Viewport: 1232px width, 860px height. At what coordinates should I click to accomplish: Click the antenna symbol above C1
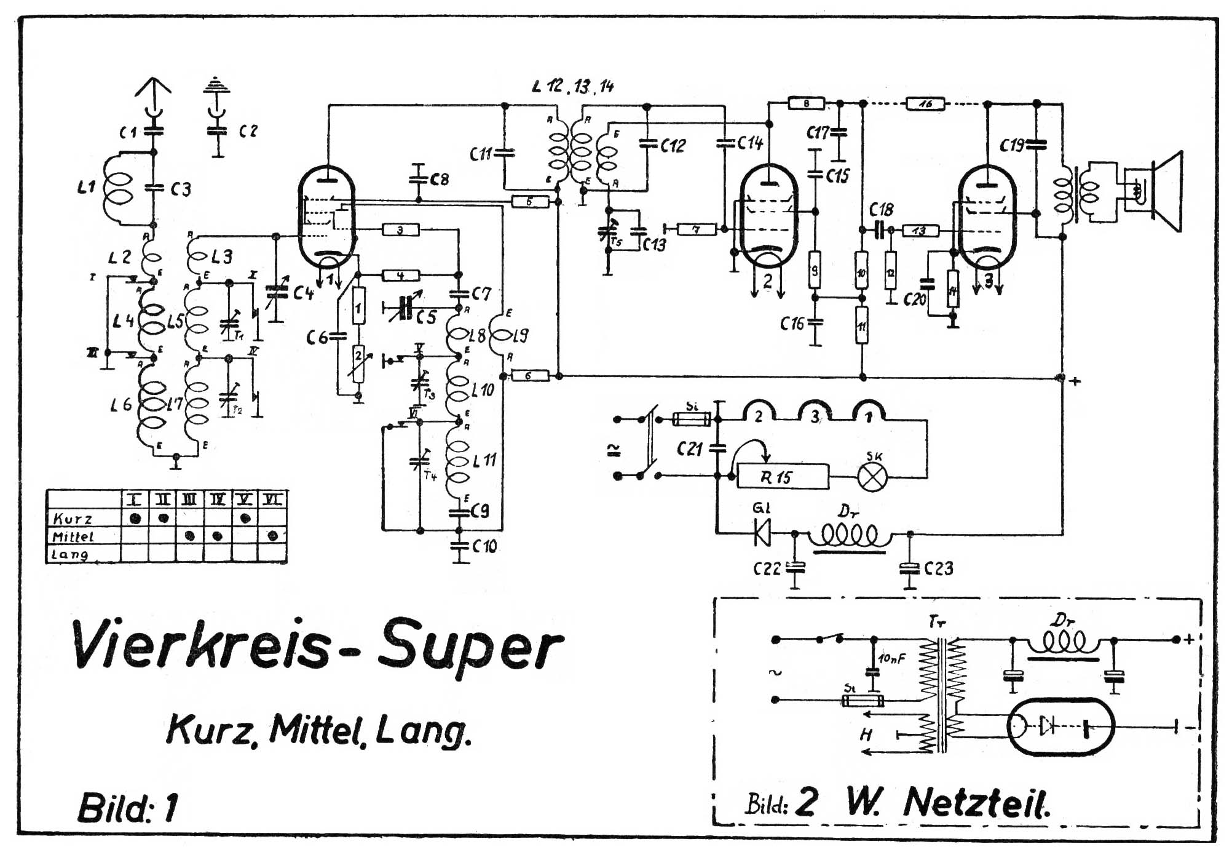coord(153,92)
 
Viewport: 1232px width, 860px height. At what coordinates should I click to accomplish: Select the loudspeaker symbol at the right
coord(1165,191)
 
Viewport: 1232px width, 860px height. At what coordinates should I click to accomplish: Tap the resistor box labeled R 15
coord(783,477)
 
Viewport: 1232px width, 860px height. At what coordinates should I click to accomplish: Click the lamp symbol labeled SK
coord(872,477)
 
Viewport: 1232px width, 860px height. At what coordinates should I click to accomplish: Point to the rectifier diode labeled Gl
coord(762,533)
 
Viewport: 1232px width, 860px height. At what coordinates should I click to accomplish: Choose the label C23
coord(939,568)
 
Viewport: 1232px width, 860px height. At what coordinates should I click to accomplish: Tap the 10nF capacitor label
coord(892,659)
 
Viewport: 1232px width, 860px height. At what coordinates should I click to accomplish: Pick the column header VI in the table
coord(272,500)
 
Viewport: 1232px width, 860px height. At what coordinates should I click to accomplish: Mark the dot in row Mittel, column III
coord(190,536)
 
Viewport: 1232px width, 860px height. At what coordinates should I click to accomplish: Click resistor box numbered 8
coord(806,104)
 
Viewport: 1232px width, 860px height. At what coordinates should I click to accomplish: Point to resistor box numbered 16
coord(925,104)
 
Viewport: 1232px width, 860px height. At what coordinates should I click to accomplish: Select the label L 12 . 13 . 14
coord(573,86)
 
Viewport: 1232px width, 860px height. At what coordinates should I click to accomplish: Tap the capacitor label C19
coord(1012,146)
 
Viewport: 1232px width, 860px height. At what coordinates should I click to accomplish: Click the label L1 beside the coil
coord(86,187)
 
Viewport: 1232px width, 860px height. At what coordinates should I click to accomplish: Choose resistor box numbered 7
coord(696,229)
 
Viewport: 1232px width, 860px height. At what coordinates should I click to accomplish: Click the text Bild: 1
coord(128,807)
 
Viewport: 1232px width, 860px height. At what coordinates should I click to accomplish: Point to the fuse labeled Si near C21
coord(692,419)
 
